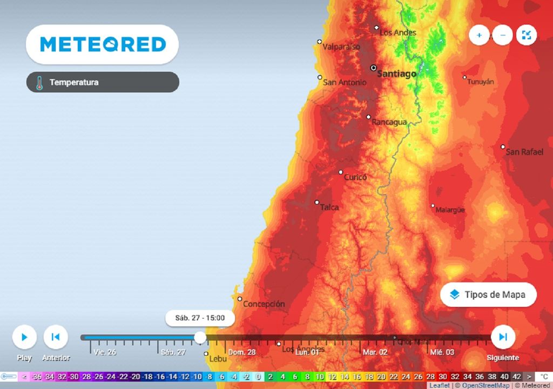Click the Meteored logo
103,44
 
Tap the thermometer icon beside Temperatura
39,83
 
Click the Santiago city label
396,73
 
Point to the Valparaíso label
341,47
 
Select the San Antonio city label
345,83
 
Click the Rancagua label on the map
389,122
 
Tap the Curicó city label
355,177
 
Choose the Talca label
329,207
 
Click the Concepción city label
264,304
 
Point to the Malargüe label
450,210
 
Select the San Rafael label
524,152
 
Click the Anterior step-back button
55,337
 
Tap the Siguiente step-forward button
503,337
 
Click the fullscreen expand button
527,36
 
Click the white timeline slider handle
200,338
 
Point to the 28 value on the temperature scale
430,377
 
